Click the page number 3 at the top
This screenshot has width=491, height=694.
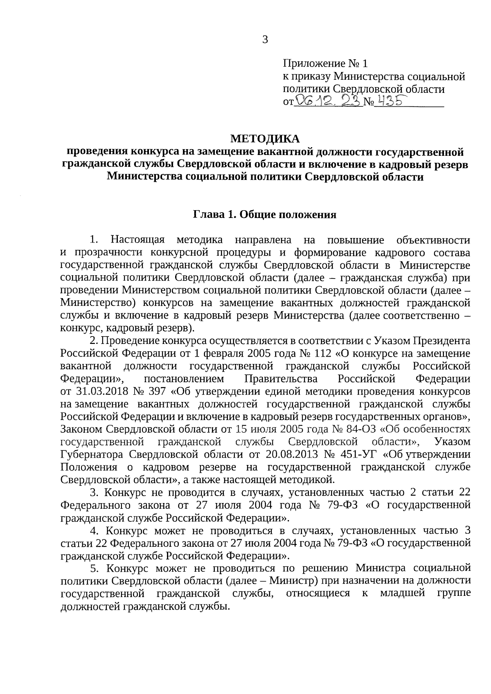265,40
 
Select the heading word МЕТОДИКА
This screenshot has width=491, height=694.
265,139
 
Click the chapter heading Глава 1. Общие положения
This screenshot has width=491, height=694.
265,215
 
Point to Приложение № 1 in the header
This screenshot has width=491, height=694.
325,64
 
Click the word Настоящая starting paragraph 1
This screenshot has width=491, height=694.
137,240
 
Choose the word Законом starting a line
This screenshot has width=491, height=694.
81,429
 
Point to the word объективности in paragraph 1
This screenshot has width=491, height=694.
433,240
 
